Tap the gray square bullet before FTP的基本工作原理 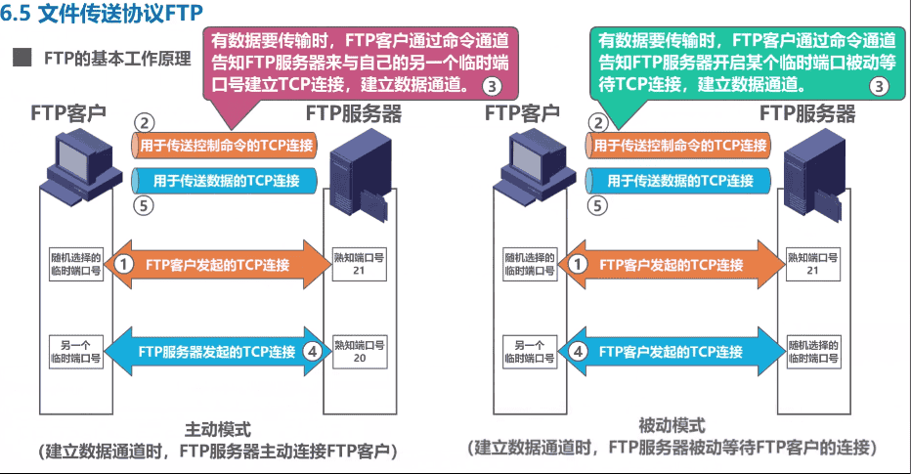pyautogui.click(x=21, y=58)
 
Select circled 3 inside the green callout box pyautogui.click(x=879, y=85)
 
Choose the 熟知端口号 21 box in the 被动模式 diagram pyautogui.click(x=812, y=264)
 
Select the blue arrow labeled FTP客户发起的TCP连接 pyautogui.click(x=671, y=352)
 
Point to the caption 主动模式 pyautogui.click(x=217, y=429)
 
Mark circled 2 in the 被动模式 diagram pyautogui.click(x=597, y=123)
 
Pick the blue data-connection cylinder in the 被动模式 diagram pyautogui.click(x=680, y=181)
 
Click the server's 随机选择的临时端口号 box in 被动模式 pyautogui.click(x=813, y=352)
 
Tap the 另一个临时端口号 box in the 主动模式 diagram pyautogui.click(x=75, y=352)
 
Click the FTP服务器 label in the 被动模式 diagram pyautogui.click(x=807, y=113)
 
